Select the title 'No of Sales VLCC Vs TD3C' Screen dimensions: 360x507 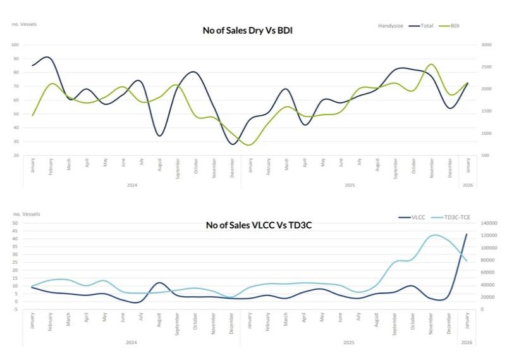pos(253,225)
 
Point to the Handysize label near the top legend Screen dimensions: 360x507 pos(391,25)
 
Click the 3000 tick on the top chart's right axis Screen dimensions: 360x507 pos(486,45)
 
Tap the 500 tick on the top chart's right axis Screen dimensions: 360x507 pos(485,155)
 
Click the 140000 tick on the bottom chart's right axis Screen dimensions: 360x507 pos(488,223)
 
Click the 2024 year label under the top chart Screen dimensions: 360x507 pos(132,185)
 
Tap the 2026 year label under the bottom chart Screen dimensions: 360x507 pos(467,342)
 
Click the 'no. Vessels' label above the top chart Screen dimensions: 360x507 pos(25,24)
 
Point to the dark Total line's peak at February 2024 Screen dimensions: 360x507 pos(49,57)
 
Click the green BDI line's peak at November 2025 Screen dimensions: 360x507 pos(431,65)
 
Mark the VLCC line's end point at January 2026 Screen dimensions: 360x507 pos(467,234)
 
